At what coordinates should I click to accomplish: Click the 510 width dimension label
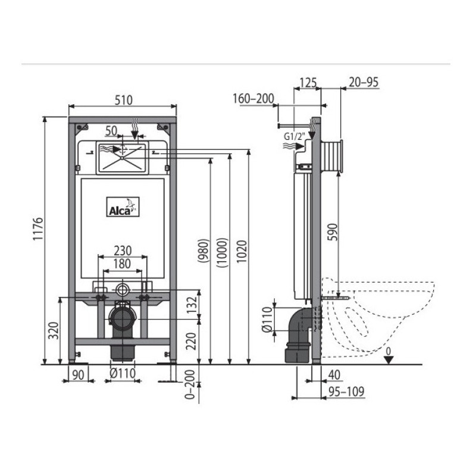[124, 100]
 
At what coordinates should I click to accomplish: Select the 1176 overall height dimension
[38, 229]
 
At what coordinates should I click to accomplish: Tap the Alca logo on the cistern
[123, 206]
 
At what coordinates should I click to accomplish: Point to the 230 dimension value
[123, 250]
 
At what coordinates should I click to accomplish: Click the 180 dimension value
[123, 264]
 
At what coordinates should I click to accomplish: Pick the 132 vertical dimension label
[192, 305]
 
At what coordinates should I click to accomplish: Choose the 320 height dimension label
[54, 331]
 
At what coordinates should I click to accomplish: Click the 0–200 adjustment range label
[190, 384]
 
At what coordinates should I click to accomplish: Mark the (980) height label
[203, 250]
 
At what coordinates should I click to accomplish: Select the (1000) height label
[222, 252]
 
